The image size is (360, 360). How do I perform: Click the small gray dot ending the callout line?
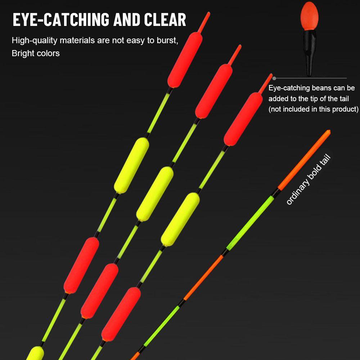click(274, 78)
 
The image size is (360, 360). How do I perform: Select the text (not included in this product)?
click(313, 109)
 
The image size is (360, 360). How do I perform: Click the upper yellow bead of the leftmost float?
click(131, 165)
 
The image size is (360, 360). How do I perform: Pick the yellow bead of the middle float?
click(155, 194)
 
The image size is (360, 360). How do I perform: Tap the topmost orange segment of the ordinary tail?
click(304, 160)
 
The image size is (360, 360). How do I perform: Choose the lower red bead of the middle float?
click(99, 291)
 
